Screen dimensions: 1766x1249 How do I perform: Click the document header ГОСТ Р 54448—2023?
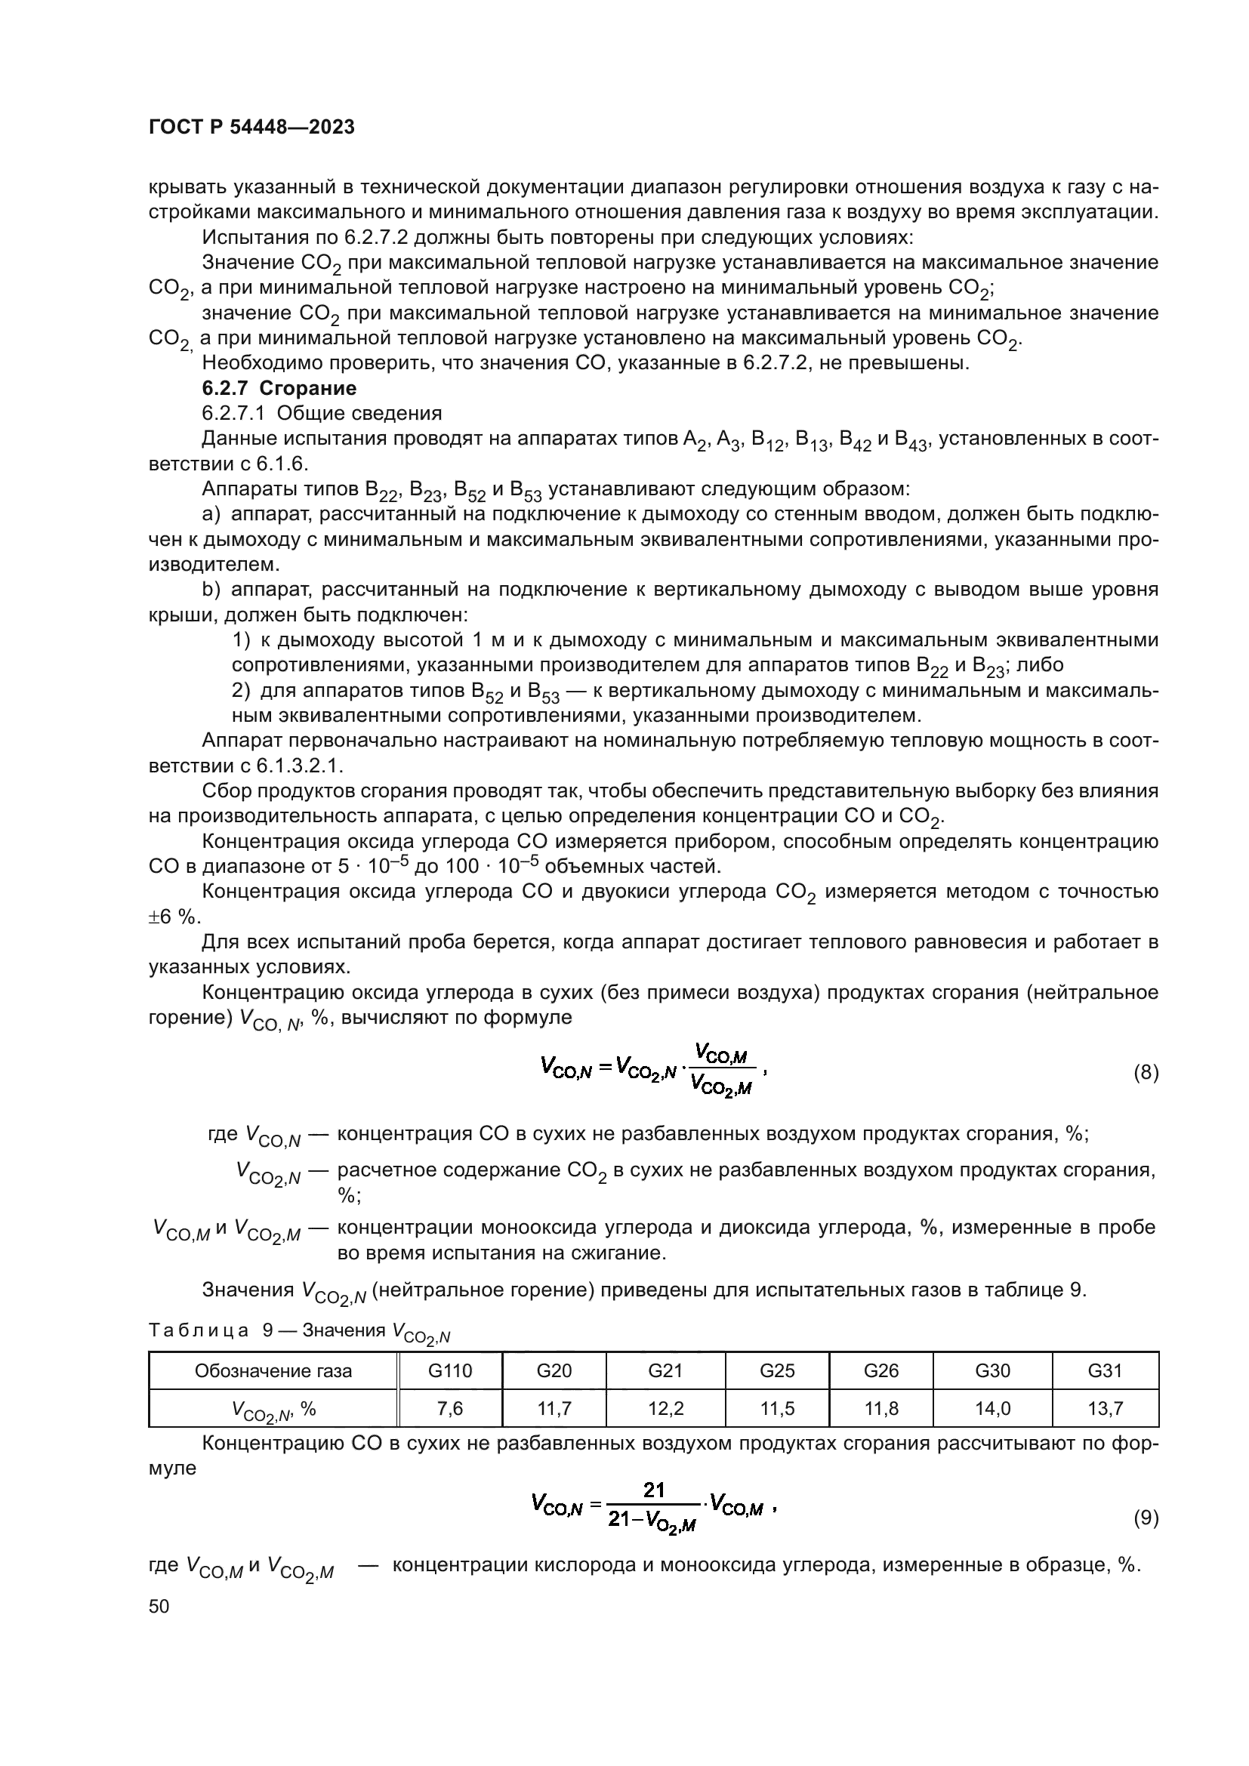[x=251, y=128]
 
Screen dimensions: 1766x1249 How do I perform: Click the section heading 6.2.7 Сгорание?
[x=279, y=387]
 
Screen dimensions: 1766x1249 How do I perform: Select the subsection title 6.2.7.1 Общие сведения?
[x=322, y=413]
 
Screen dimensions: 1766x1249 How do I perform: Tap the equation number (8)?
[x=1146, y=1072]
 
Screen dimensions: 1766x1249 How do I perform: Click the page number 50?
[x=159, y=1607]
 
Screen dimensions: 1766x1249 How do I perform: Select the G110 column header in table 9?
[x=450, y=1370]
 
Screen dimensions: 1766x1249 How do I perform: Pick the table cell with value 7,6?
[x=450, y=1408]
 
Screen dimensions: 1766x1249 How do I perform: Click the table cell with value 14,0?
[x=992, y=1408]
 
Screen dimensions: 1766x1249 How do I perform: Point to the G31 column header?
[x=1105, y=1370]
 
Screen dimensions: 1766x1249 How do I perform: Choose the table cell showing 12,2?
[x=665, y=1408]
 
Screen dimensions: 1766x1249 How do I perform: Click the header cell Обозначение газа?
[x=273, y=1370]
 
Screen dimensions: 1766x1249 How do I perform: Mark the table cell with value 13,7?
[x=1105, y=1408]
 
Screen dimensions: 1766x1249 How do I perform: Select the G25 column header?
[x=777, y=1370]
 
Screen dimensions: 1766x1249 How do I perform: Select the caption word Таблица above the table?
[x=199, y=1330]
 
